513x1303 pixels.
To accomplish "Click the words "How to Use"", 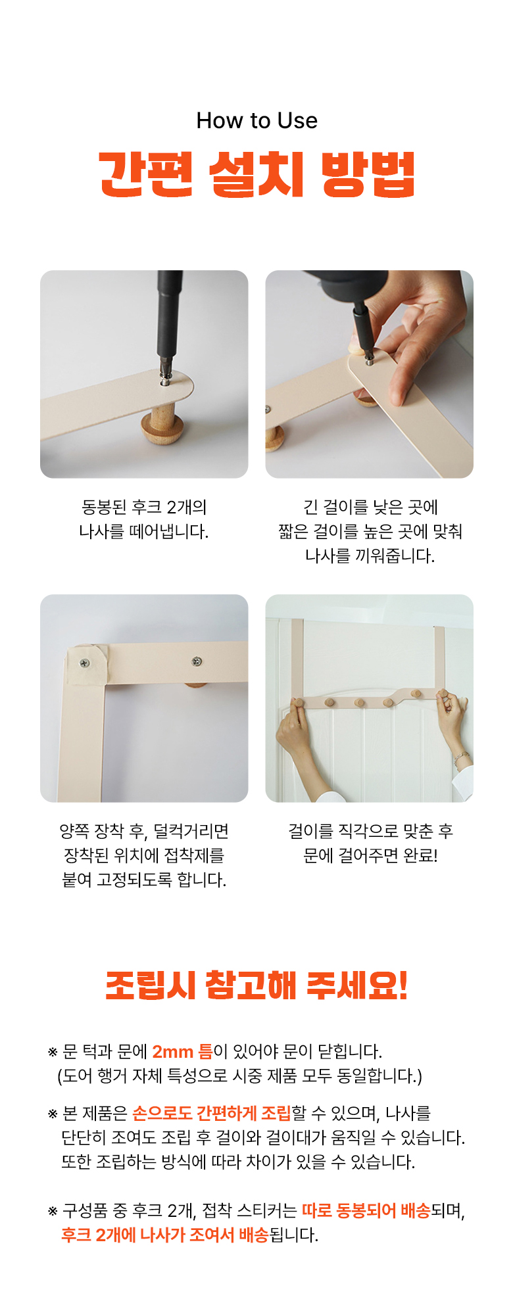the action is [256, 120].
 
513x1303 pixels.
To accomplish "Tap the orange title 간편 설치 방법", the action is [256, 174].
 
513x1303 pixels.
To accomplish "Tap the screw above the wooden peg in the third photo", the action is [196, 661].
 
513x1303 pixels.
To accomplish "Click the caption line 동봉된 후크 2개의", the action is [144, 507].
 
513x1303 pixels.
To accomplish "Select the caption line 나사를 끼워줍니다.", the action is [370, 556].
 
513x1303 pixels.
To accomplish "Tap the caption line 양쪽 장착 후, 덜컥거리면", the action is [144, 831].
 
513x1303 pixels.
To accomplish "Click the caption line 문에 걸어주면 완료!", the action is [370, 855].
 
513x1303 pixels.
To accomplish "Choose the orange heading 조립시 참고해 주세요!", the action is [256, 985].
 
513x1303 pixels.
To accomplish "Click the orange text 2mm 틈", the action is [183, 1051].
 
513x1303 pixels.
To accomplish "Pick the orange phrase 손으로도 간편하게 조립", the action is [212, 1113].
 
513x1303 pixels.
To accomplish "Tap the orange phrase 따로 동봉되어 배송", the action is [366, 1210].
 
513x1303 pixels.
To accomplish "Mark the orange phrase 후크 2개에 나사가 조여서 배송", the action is [164, 1235].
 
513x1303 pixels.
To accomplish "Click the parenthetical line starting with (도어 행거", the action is [240, 1076].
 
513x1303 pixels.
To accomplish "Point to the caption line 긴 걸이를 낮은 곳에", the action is [370, 507].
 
